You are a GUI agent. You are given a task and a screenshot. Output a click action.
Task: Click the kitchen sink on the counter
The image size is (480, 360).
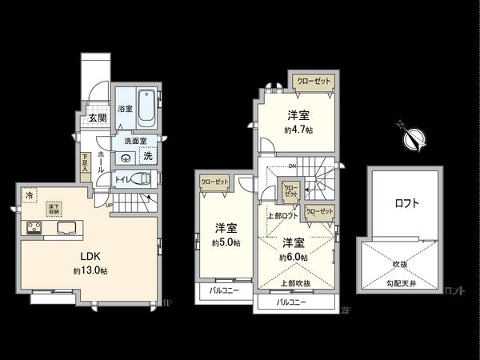click(x=66, y=228)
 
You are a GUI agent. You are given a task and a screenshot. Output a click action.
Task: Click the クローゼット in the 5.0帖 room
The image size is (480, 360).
click(x=214, y=182)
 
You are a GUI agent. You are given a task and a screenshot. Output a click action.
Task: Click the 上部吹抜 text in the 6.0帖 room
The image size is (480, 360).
click(x=296, y=282)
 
